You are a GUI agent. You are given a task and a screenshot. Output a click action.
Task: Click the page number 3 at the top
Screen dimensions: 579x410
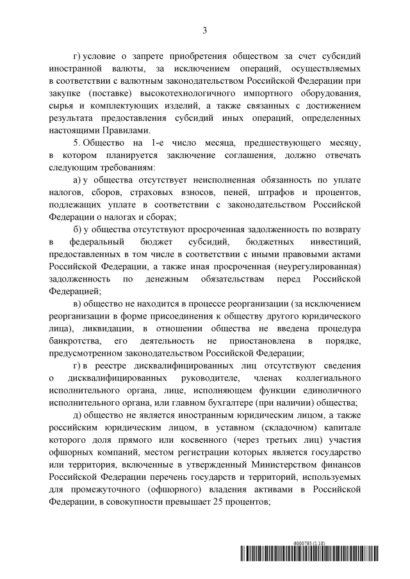point(204,30)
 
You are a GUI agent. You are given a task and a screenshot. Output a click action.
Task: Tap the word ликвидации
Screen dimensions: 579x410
point(103,328)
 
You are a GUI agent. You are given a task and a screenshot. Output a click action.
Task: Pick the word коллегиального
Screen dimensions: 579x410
point(318,377)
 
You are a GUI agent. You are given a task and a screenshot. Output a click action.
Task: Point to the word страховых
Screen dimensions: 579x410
point(145,191)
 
